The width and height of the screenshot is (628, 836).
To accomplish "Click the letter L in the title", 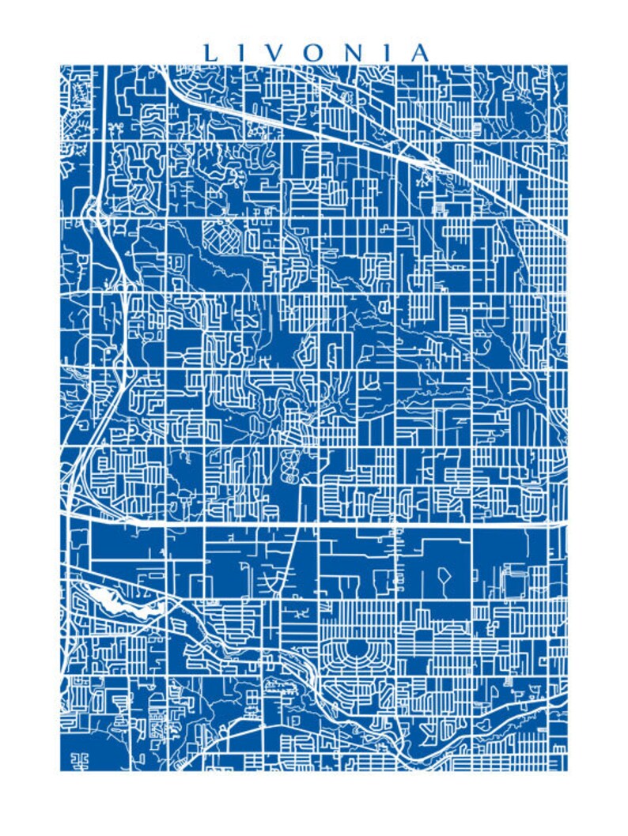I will (211, 53).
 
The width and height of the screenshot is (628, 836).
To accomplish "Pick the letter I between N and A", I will (387, 53).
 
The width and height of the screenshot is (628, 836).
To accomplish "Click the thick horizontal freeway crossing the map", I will (356, 524).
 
